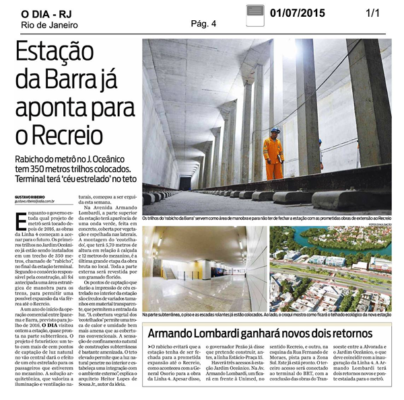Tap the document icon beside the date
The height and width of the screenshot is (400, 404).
(x=254, y=14)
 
